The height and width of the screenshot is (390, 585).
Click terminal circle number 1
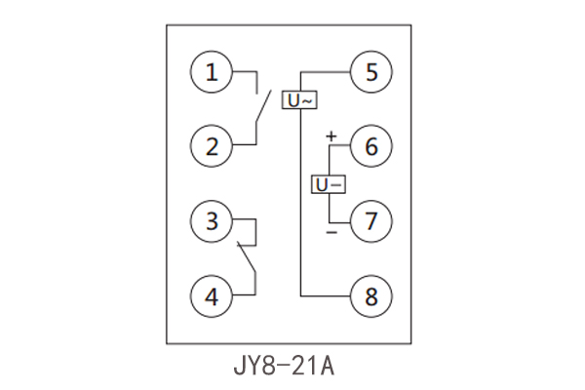coord(213,72)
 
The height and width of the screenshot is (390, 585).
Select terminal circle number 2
coord(213,147)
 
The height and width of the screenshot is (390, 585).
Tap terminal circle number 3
coord(213,220)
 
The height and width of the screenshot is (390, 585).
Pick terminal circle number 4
coord(213,294)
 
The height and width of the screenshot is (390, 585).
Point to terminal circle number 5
coord(371,72)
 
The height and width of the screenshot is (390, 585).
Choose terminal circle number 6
coord(371,147)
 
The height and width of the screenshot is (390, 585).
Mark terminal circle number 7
coord(371,220)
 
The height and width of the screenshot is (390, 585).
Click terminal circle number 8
coord(371,294)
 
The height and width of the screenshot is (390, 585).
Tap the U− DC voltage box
coord(329,183)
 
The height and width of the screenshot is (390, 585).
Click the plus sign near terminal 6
coord(331,136)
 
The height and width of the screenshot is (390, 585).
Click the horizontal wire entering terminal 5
coord(327,72)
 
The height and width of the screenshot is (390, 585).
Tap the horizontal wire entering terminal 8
coord(327,294)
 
